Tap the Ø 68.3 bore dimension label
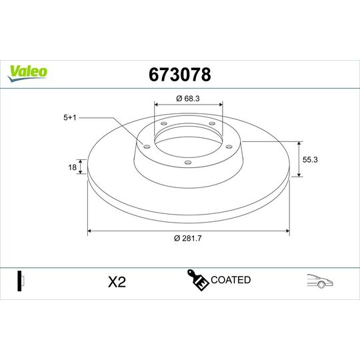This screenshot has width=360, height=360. click(189, 99)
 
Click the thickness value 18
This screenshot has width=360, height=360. click(73, 168)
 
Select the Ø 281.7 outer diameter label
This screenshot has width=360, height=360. click(189, 239)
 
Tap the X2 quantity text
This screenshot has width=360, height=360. click(117, 282)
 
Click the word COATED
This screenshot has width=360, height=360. click(231, 280)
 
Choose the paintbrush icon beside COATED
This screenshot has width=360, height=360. click(198, 281)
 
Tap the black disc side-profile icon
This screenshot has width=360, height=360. click(21, 281)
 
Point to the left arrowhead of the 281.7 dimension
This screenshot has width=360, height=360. click(89, 231)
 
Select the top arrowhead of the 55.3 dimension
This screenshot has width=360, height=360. click(298, 143)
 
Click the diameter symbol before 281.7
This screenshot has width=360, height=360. click(176, 239)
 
